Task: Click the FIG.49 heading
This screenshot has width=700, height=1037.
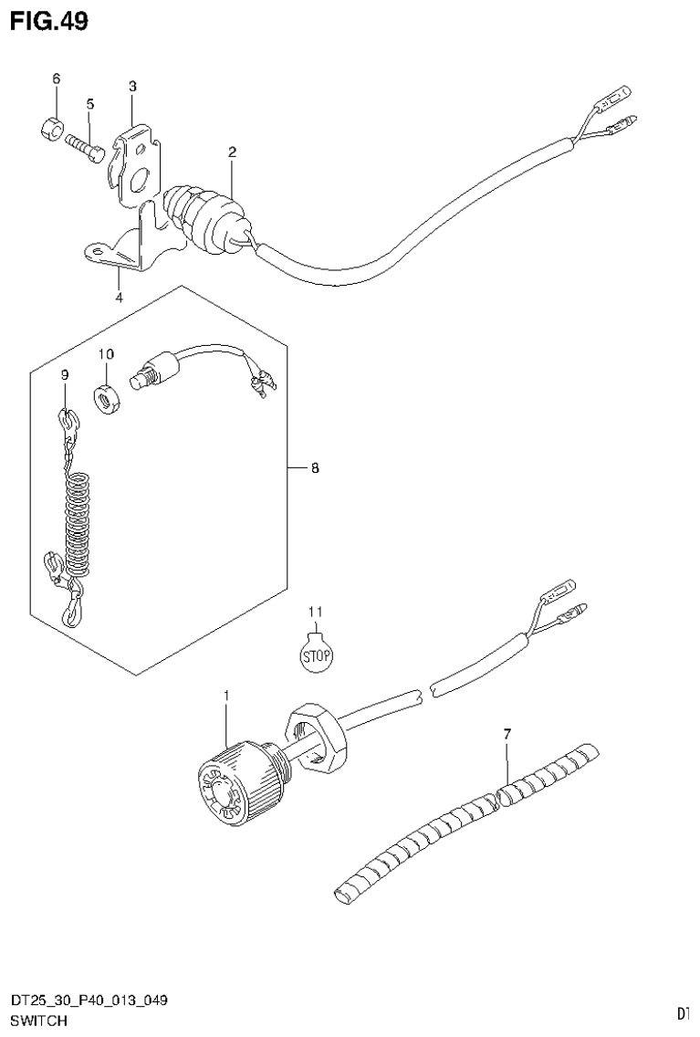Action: [x=49, y=21]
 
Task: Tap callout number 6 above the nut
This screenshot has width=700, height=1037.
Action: [x=55, y=79]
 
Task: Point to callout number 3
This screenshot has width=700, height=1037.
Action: [x=132, y=86]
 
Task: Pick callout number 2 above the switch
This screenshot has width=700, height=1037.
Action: [x=232, y=152]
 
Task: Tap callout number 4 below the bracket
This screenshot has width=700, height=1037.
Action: [x=119, y=296]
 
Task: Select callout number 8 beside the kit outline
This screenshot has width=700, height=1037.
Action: [x=314, y=468]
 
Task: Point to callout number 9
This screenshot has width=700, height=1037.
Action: [x=66, y=375]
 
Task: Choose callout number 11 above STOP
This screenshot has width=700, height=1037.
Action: [x=315, y=611]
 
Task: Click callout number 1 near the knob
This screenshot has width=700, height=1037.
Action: [x=226, y=697]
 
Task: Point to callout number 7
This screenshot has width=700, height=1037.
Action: [x=506, y=732]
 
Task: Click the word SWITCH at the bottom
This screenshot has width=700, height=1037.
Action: [x=38, y=1020]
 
